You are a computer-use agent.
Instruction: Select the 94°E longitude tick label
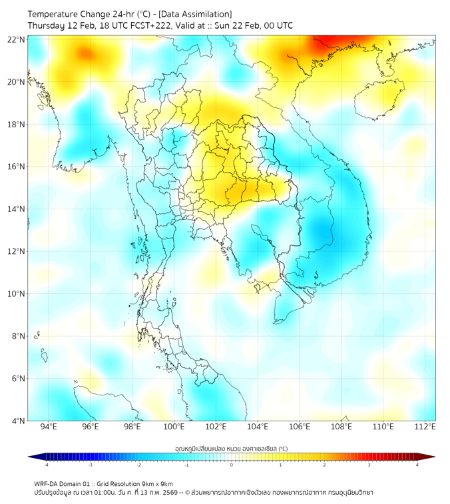[49, 427]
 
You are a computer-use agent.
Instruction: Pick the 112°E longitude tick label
[425, 427]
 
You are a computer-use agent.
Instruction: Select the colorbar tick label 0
[232, 465]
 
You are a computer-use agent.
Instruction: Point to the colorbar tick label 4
[417, 465]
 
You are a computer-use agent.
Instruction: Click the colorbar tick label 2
[325, 465]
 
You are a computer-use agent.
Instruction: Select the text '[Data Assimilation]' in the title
[194, 14]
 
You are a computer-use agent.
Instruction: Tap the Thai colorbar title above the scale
[231, 448]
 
